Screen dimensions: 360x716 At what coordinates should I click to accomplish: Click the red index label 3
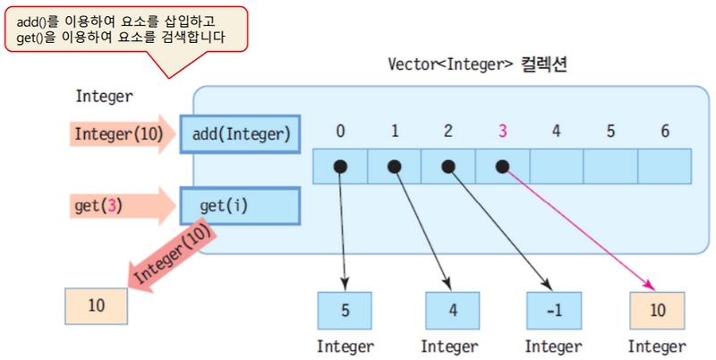coord(502,131)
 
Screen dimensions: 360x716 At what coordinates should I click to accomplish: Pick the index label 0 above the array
coord(340,131)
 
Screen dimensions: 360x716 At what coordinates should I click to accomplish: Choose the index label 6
coord(664,131)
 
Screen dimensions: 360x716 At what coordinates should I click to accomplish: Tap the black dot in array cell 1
coord(394,166)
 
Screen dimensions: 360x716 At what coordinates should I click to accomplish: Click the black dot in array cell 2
coord(447,166)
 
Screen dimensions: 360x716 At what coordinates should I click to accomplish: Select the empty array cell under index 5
coord(610,166)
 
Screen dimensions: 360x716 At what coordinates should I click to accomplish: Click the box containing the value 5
coord(345,310)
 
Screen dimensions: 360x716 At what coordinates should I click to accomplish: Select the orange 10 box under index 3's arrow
coord(657,310)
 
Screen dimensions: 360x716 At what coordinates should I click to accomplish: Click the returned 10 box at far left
coord(96,305)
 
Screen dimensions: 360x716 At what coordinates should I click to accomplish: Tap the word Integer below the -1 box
coord(553,346)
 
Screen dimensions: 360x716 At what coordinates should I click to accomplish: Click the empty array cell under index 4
coord(557,166)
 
